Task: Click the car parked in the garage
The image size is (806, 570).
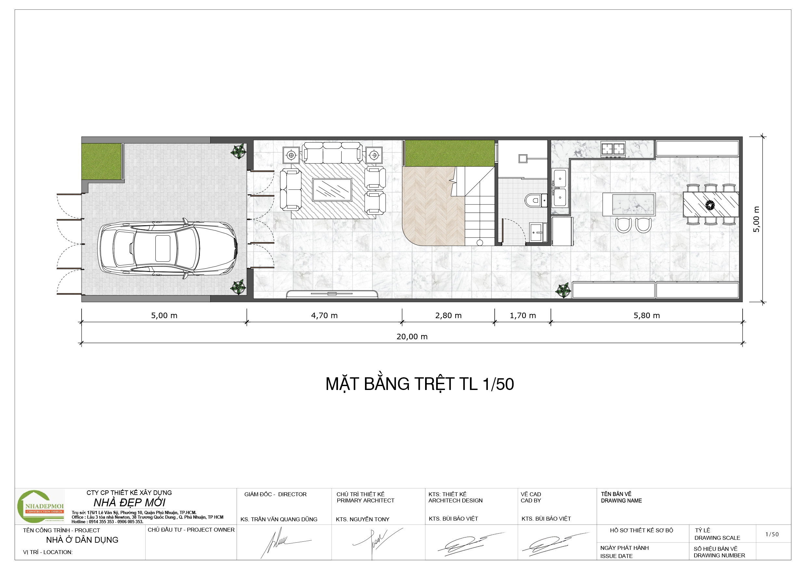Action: (x=167, y=249)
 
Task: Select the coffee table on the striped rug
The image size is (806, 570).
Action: (x=332, y=190)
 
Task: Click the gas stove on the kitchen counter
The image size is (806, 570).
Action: (x=613, y=149)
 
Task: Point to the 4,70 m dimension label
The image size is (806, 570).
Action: (x=324, y=316)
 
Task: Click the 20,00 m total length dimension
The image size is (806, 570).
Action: (x=412, y=337)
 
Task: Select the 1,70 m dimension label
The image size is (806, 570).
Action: (x=523, y=316)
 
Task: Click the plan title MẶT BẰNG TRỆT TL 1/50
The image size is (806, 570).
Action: (x=420, y=384)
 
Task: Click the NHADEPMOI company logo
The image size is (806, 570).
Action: (x=41, y=507)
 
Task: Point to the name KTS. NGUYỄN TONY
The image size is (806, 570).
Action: (x=363, y=519)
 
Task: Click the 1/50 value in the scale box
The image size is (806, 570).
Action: (x=772, y=534)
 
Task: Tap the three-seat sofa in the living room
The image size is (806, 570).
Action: (x=332, y=153)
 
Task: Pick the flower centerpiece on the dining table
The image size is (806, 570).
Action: (x=710, y=205)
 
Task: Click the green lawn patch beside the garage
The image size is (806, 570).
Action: (x=101, y=162)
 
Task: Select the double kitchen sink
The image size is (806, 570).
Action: (x=560, y=188)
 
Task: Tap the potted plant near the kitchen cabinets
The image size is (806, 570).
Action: (x=563, y=290)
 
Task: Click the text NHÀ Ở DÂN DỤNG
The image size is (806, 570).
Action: (x=82, y=540)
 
